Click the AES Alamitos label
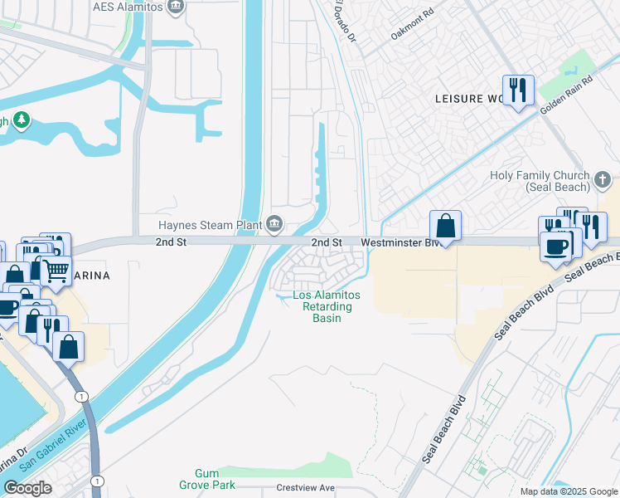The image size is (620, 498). (128, 7)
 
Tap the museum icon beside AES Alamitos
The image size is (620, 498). (176, 7)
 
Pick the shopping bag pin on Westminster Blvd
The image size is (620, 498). (445, 226)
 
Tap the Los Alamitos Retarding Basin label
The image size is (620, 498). (327, 306)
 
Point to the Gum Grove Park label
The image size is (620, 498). (206, 479)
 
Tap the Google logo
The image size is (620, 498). (28, 488)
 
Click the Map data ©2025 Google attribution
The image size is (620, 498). (568, 491)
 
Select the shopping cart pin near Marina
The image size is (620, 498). (56, 270)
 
